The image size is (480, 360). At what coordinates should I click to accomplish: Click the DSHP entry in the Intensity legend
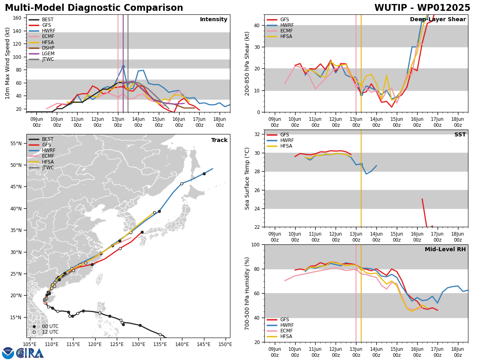[41, 48]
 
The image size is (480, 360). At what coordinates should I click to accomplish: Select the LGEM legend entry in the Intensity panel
[41, 54]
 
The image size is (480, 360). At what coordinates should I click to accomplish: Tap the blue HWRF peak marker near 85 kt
[123, 66]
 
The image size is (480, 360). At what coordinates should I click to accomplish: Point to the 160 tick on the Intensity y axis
[17, 18]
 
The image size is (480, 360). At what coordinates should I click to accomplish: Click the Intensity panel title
[214, 20]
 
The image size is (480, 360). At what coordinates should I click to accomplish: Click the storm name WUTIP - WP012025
[422, 8]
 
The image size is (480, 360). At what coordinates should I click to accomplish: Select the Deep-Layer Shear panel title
[438, 20]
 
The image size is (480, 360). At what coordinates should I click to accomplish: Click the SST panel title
[460, 134]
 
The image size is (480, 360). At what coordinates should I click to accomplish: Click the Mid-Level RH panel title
[445, 249]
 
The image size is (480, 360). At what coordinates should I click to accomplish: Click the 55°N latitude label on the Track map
[16, 143]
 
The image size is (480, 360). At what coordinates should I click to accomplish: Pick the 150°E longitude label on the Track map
[225, 344]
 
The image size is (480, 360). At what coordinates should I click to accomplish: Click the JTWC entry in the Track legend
[41, 168]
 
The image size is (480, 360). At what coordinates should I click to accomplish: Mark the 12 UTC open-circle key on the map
[46, 332]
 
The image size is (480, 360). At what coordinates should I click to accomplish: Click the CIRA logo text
[30, 353]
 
